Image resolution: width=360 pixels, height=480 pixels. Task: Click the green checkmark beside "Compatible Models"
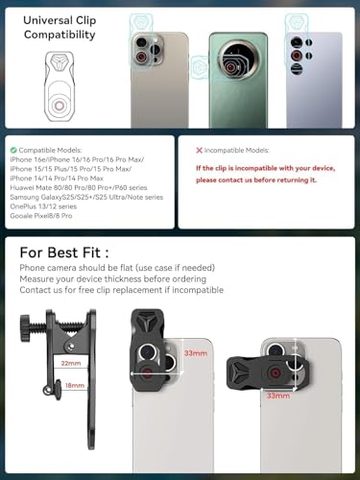(x=12, y=151)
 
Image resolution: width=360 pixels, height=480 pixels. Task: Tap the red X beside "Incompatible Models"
(x=199, y=151)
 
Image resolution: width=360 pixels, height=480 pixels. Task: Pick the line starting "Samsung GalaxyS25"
(x=85, y=197)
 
